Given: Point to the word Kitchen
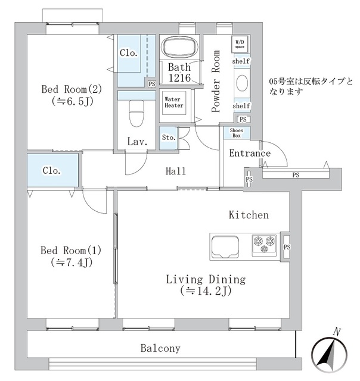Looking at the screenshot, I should [x=249, y=215].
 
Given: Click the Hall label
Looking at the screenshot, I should [x=176, y=171].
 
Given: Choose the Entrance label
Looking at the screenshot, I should [x=250, y=154].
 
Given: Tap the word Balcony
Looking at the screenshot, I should [x=160, y=348].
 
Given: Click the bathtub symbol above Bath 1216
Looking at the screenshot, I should [x=180, y=47].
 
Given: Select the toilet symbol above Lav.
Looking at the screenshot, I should [x=136, y=111].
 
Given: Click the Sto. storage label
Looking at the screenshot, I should [x=168, y=138].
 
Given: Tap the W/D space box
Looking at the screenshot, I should [x=240, y=43].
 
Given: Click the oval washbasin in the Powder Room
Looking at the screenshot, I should [x=242, y=83].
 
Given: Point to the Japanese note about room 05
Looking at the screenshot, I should [x=311, y=87].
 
